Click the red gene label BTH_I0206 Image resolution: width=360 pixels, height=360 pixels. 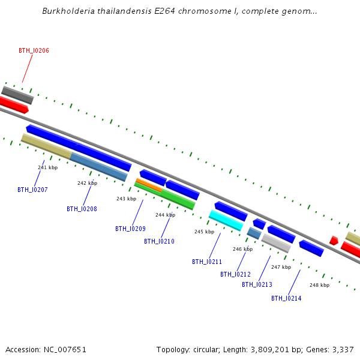pos(34,50)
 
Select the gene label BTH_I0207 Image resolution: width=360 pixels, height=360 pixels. pos(32,190)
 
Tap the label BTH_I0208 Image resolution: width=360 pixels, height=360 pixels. pos(82,209)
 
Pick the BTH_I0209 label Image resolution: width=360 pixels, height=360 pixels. pos(130,229)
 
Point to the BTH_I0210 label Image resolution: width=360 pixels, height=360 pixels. pos(159,241)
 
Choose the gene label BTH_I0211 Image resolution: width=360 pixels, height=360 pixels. pos(207,262)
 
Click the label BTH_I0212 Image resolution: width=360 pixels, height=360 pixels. pos(235,274)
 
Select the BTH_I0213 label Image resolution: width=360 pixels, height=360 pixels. pos(257,284)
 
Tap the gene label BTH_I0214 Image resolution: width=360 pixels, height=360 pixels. pos(286,298)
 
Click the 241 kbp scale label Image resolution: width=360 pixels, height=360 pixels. pos(48,167)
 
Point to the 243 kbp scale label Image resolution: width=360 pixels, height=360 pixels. pos(126,199)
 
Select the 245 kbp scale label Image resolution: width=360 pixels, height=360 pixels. pos(205,232)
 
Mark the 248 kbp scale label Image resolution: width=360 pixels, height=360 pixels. pos(319,285)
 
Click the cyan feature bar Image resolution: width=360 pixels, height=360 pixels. pos(226,220)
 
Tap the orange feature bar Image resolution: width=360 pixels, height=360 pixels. pos(149,185)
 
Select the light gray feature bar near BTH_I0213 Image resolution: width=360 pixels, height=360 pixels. pos(276,244)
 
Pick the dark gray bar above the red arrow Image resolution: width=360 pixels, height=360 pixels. pos(17,95)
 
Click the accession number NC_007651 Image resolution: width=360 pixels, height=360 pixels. pos(65,350)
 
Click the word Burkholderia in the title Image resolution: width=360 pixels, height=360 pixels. pos(68,11)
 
